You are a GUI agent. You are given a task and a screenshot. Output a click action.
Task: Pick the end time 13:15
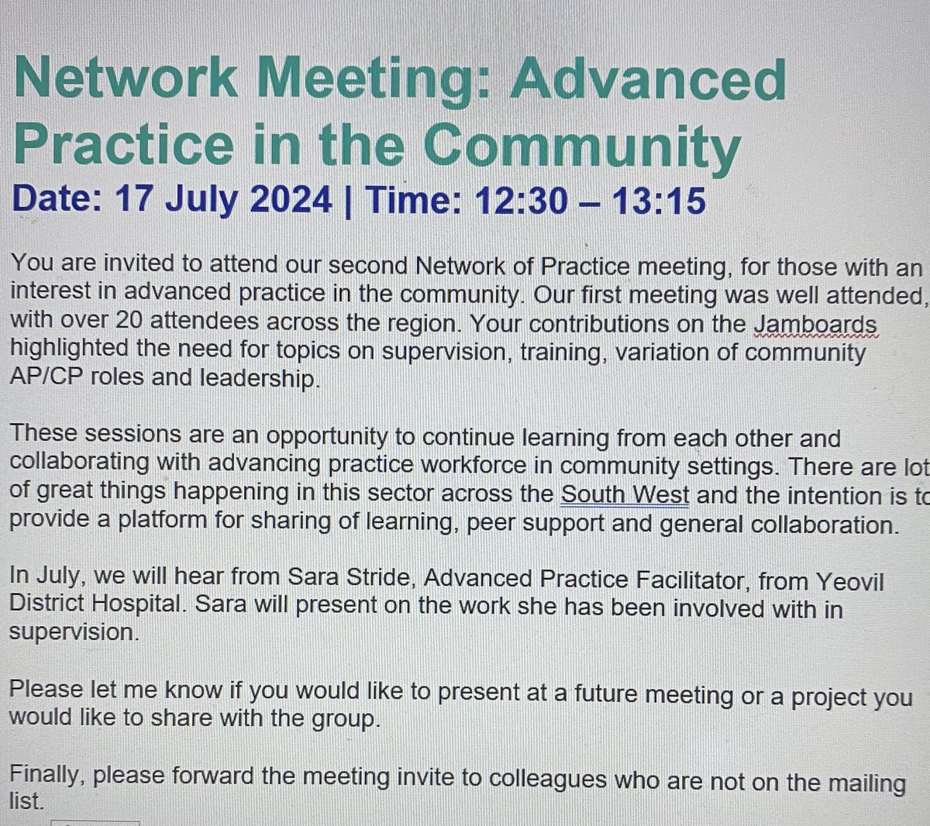coord(660,201)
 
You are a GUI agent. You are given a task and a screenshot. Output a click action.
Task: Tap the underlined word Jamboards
coord(815,323)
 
